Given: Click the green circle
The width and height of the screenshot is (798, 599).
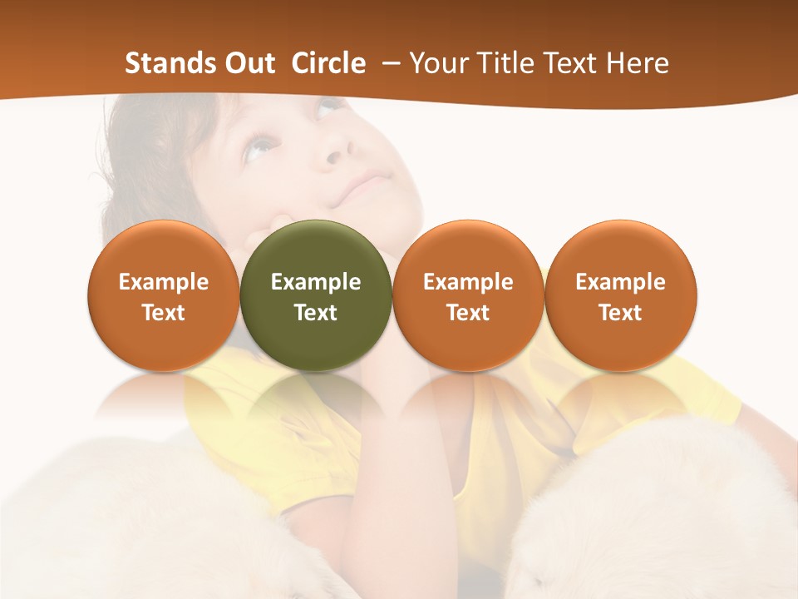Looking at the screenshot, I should click(x=316, y=295).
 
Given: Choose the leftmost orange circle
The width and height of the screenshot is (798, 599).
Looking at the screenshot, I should click(x=163, y=295).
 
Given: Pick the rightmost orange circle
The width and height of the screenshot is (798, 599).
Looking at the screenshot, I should click(x=620, y=295).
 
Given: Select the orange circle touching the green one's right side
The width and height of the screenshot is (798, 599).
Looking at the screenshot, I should click(x=468, y=295).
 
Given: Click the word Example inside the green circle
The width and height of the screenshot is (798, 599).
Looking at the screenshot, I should click(x=316, y=282).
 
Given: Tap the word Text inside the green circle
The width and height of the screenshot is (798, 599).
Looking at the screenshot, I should click(x=316, y=313).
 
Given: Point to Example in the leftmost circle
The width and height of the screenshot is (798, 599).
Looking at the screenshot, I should click(x=163, y=282).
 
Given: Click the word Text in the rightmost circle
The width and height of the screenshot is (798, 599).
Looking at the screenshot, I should click(x=620, y=313).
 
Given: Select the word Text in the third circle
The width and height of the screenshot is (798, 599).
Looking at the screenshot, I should click(x=468, y=313).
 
